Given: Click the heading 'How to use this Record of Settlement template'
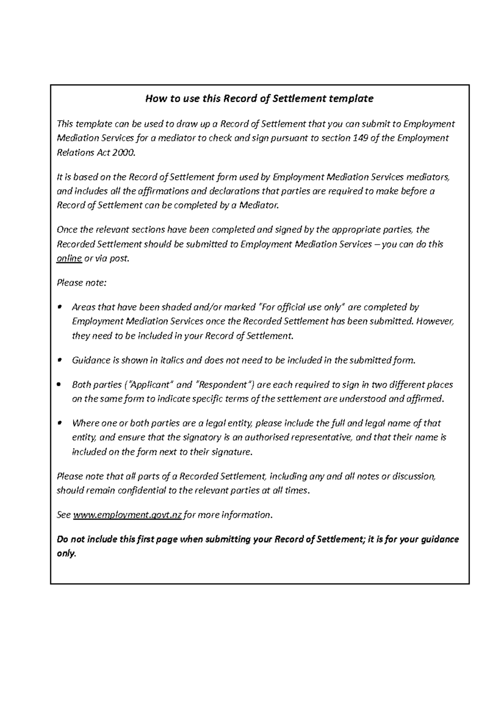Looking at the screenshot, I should [259, 99].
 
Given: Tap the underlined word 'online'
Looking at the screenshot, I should [69, 259].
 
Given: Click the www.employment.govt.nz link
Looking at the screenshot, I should [128, 515].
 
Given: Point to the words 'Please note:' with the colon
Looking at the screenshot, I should [81, 283].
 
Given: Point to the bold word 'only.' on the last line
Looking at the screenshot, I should [66, 554].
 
